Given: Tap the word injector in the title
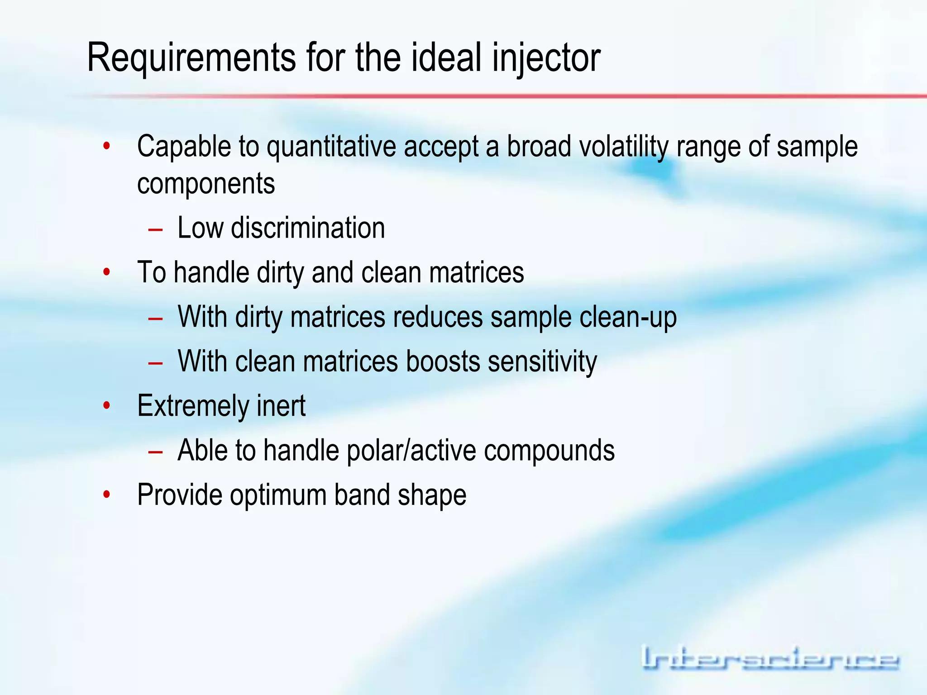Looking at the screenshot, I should tap(546, 57).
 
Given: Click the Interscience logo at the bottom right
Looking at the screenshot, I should tap(770, 658).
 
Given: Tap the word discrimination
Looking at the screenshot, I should tap(308, 228).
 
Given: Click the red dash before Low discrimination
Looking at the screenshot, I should tap(155, 230).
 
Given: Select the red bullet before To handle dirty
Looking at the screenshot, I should tap(107, 272).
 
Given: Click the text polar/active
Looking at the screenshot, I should tap(411, 450).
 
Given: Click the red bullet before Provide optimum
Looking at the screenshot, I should tap(107, 495).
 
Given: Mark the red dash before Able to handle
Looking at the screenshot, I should tap(155, 452).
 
